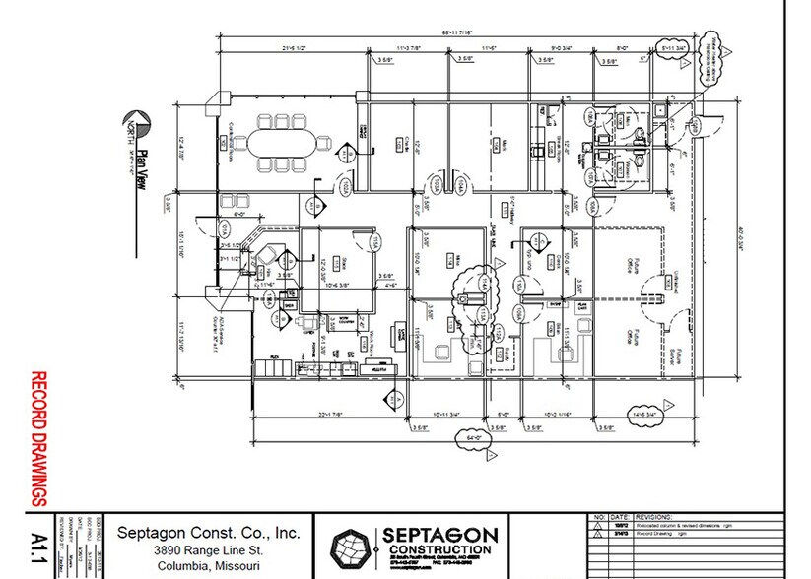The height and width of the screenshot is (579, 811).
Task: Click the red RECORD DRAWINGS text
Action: coord(40,438)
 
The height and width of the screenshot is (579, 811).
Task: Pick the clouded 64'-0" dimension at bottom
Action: coord(474,439)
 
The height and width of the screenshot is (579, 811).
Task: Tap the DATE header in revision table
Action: coord(618,516)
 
